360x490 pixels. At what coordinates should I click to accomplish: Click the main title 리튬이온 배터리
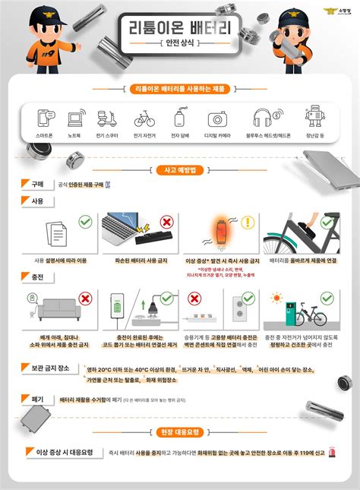[181, 30]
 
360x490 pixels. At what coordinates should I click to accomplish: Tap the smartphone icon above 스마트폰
[45, 119]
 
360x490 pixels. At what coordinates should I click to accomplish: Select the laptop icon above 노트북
[74, 119]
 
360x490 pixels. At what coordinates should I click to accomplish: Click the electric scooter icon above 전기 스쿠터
[106, 119]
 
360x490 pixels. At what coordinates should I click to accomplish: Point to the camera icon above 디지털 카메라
[218, 119]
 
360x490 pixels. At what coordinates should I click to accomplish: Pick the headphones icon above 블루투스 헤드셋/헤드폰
[263, 119]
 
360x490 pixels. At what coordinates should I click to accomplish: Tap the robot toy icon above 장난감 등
[314, 119]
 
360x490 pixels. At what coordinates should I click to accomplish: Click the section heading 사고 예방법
[180, 170]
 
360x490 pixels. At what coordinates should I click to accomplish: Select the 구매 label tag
[36, 184]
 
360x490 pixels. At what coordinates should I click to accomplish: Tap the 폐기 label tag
[36, 398]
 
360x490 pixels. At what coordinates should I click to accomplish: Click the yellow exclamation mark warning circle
[248, 223]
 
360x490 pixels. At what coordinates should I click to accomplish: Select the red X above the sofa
[86, 299]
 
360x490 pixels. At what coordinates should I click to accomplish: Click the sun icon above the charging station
[277, 297]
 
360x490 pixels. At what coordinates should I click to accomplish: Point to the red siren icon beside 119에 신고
[331, 453]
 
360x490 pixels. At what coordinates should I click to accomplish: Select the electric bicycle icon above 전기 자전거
[144, 119]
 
